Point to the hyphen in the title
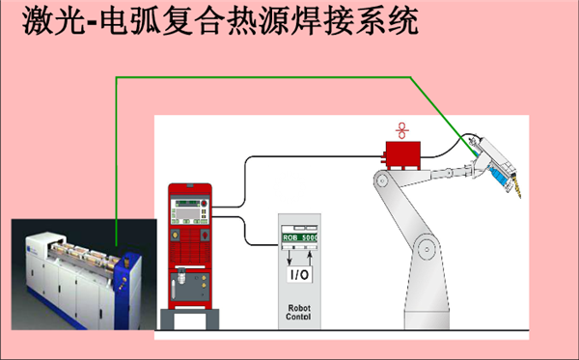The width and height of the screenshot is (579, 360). tap(93, 23)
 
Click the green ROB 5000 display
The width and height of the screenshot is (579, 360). tap(299, 237)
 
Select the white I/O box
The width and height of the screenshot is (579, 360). tap(299, 275)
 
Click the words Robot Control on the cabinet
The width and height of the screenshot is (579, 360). tap(299, 313)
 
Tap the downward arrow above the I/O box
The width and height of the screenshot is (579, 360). tap(289, 257)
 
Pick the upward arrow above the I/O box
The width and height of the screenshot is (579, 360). tap(310, 257)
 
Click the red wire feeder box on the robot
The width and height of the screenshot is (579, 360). tap(402, 155)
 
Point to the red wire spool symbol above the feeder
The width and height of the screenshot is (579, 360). tap(401, 130)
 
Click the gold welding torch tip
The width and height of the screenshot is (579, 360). tap(517, 189)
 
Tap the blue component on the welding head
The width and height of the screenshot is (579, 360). tap(499, 177)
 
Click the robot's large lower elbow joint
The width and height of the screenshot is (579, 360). tap(427, 249)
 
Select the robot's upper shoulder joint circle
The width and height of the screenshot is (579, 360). tap(382, 181)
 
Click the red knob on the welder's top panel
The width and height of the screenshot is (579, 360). tap(204, 203)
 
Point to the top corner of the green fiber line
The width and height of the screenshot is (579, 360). tap(117, 77)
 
